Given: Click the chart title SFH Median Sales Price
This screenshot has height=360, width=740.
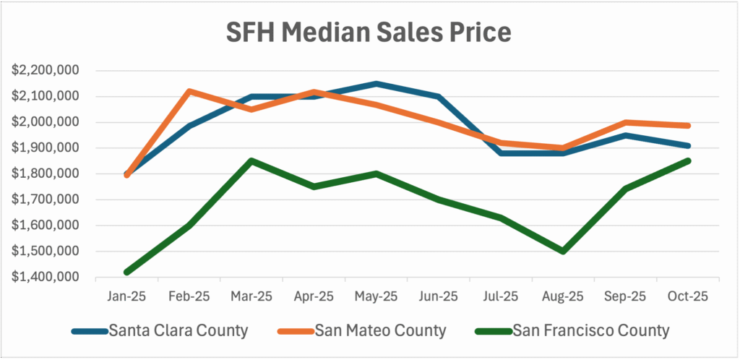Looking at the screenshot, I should pyautogui.click(x=370, y=33).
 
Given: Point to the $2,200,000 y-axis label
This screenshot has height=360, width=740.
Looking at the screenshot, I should pyautogui.click(x=45, y=71).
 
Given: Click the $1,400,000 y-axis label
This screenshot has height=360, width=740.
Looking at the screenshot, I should pyautogui.click(x=45, y=278).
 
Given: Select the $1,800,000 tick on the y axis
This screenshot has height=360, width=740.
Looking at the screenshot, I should pyautogui.click(x=45, y=174).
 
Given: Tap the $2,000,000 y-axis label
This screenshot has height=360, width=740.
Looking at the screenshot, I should pyautogui.click(x=45, y=122).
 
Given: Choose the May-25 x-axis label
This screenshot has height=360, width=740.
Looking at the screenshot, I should pyautogui.click(x=377, y=296).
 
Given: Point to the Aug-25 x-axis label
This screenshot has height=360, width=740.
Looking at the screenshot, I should pyautogui.click(x=563, y=296).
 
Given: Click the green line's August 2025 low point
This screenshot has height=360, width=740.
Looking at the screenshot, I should pyautogui.click(x=563, y=252).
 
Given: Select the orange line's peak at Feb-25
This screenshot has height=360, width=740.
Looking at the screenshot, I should pyautogui.click(x=189, y=91).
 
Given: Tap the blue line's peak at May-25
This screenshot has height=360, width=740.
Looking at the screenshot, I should pyautogui.click(x=377, y=84).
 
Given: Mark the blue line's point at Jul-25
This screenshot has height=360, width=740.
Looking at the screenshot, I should pyautogui.click(x=501, y=153).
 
